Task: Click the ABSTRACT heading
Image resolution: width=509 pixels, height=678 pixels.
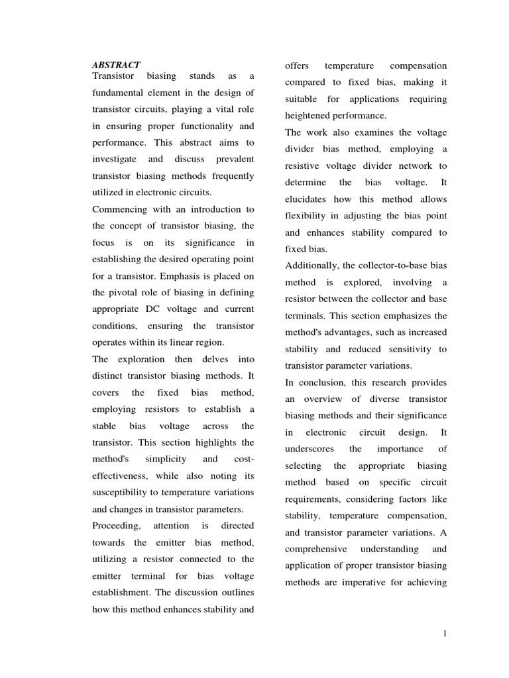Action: pyautogui.click(x=115, y=65)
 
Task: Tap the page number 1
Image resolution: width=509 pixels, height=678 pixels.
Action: pyautogui.click(x=445, y=634)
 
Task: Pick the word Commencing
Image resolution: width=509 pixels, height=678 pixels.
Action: pyautogui.click(x=119, y=209)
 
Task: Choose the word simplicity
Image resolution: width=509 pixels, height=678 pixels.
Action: pyautogui.click(x=168, y=459)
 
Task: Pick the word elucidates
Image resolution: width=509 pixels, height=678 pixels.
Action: pyautogui.click(x=310, y=199)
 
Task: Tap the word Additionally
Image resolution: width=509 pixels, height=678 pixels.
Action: pyautogui.click(x=312, y=266)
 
